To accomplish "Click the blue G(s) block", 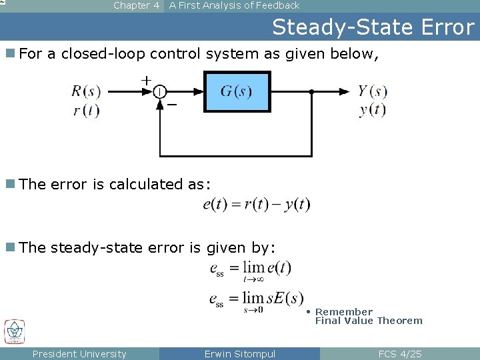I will pos(237,91).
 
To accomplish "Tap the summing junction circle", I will pos(160,92).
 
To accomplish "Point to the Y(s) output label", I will pos(372,91).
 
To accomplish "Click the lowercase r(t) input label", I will pos(87,110).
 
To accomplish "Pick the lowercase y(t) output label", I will pos(372,110).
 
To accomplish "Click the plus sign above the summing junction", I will pos(146,80).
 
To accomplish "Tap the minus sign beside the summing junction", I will pos(172,105).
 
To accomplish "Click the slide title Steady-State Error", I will pos(373,27).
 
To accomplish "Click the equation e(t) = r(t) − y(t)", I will pos(257,205).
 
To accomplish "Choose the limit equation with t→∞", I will pos(250,269).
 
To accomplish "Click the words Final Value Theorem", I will pos(369,321).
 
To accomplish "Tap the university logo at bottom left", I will pos(14,331).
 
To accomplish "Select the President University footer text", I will pos(79,354).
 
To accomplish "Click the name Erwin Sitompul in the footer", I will pos(240,354).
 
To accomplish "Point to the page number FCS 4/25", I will pos(400,354).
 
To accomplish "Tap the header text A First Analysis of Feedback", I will pos(234,5).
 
